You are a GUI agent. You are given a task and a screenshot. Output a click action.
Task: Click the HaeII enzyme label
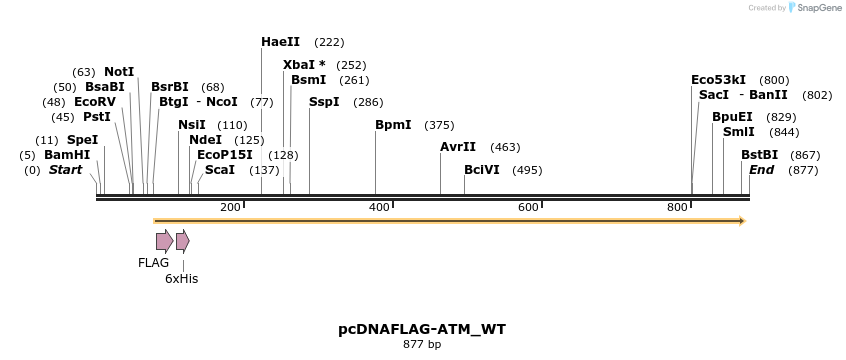pyautogui.click(x=281, y=42)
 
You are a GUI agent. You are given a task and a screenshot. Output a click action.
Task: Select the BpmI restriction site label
pyautogui.click(x=393, y=125)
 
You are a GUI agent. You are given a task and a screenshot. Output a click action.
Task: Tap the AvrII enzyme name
pyautogui.click(x=458, y=147)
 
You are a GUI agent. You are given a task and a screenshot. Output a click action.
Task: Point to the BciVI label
pyautogui.click(x=482, y=170)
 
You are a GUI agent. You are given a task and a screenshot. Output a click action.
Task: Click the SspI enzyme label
pyautogui.click(x=324, y=102)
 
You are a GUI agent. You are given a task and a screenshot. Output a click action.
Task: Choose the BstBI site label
pyautogui.click(x=759, y=155)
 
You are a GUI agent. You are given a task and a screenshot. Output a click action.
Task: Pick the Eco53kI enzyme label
pyautogui.click(x=718, y=80)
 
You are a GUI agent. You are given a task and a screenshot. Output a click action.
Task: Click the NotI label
pyautogui.click(x=119, y=72)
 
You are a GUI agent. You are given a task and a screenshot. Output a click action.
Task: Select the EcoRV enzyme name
pyautogui.click(x=95, y=102)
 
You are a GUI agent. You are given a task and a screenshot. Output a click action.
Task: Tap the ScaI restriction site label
pyautogui.click(x=220, y=170)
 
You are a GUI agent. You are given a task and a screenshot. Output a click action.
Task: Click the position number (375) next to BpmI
pyautogui.click(x=439, y=125)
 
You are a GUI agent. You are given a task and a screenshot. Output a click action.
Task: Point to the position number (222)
pyautogui.click(x=329, y=42)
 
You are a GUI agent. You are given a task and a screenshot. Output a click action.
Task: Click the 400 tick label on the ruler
pyautogui.click(x=379, y=207)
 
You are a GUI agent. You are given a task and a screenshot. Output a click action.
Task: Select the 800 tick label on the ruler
pyautogui.click(x=677, y=207)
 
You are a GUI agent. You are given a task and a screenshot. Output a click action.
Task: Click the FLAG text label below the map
pyautogui.click(x=153, y=263)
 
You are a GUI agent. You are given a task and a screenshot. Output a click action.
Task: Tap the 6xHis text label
pyautogui.click(x=181, y=279)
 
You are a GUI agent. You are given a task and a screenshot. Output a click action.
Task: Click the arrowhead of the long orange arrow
pyautogui.click(x=742, y=220)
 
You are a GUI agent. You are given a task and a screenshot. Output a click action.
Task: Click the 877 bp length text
pyautogui.click(x=422, y=344)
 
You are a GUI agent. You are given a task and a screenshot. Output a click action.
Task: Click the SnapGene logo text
pyautogui.click(x=818, y=8)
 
